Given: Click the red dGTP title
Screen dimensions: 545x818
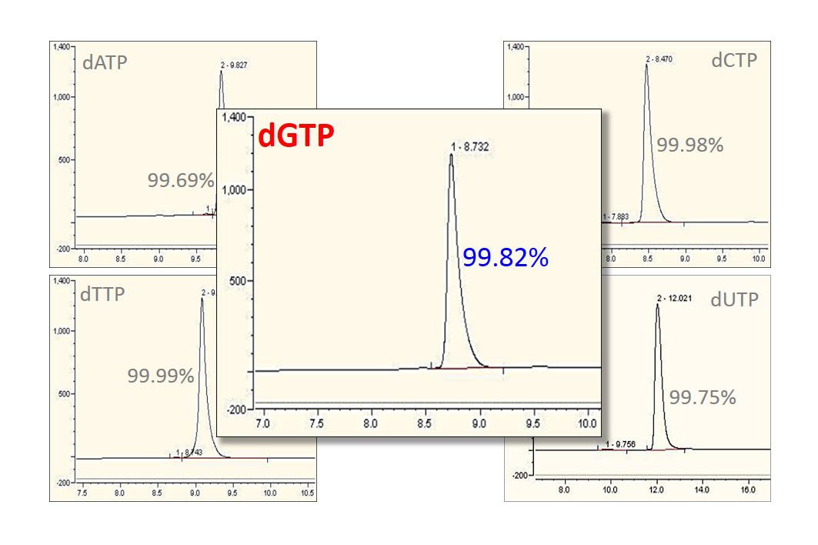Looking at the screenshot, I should point(296,136).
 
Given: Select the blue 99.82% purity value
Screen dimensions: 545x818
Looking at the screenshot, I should point(505,258).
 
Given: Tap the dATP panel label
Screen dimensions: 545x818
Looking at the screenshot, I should point(105,62).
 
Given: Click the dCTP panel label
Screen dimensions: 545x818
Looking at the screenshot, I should point(734,60).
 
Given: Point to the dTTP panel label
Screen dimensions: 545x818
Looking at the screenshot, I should point(102,294).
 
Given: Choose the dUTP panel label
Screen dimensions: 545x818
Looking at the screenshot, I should point(734,299).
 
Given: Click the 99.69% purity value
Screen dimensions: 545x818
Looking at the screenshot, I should point(181,180).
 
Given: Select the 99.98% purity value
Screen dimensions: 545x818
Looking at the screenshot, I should point(689,145).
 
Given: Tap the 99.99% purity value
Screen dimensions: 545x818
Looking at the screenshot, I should point(161,376).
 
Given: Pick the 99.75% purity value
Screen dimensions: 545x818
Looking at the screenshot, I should point(703,397).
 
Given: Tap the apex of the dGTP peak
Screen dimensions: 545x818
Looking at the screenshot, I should point(451,156).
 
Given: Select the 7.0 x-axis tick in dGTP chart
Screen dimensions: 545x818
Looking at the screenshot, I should point(262,424).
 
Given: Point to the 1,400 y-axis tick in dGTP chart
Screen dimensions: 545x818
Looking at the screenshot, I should point(233,118).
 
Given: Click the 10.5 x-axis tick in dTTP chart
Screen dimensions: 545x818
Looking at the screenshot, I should point(305,493).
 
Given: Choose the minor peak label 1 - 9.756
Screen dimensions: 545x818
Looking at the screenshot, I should point(619,445).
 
